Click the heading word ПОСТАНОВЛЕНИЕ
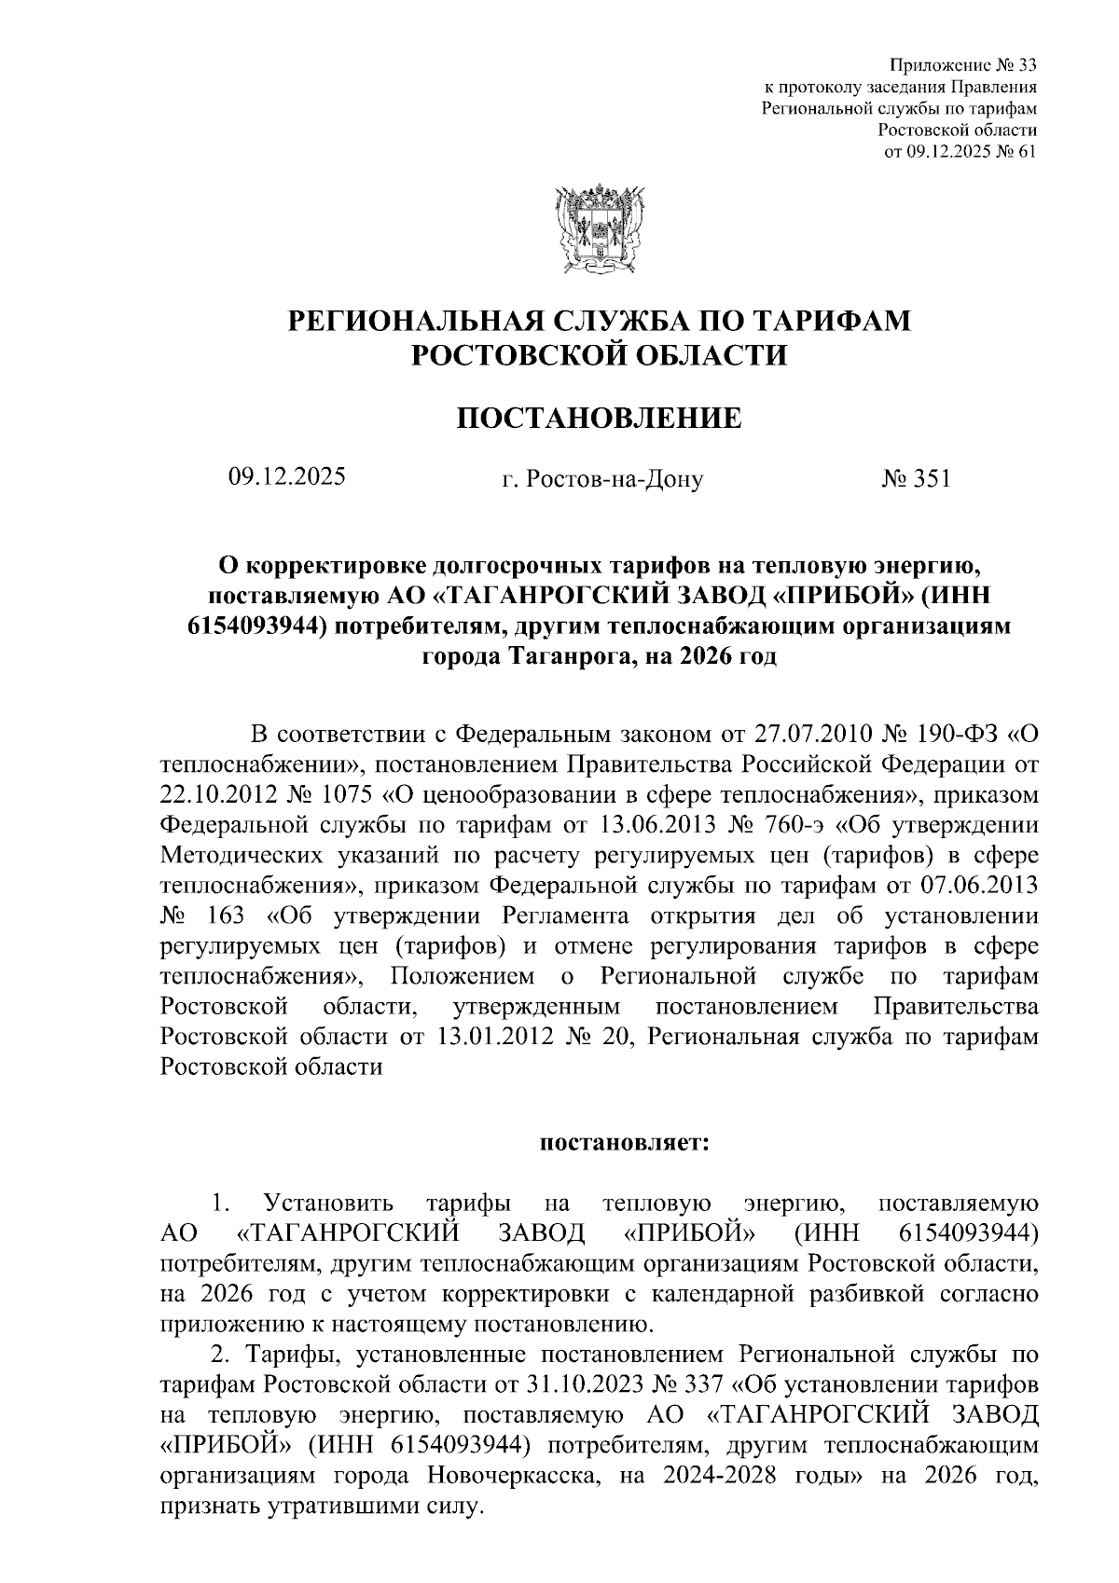(599, 419)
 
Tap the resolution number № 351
(916, 478)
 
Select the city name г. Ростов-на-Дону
(602, 479)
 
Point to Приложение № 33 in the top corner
(963, 65)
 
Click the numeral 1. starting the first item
(222, 1203)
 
